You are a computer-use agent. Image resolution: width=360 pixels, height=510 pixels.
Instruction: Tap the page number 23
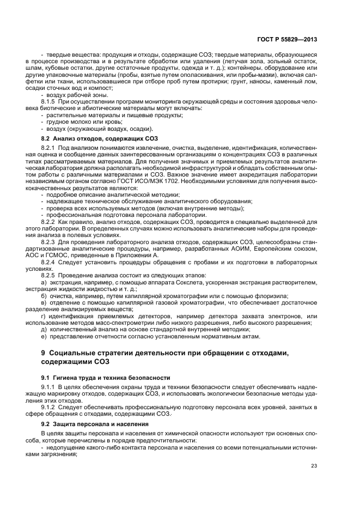pyautogui.click(x=314, y=465)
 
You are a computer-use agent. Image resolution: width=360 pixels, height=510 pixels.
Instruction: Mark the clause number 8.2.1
pyautogui.click(x=50, y=148)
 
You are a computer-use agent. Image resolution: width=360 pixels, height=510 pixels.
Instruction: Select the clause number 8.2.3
pyautogui.click(x=50, y=241)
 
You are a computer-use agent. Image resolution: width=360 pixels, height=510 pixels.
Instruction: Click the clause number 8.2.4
pyautogui.click(x=50, y=262)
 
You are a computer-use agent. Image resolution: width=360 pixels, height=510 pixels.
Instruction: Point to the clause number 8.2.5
pyautogui.click(x=50, y=276)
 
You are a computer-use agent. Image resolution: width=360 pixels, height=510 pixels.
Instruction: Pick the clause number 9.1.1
pyautogui.click(x=50, y=387)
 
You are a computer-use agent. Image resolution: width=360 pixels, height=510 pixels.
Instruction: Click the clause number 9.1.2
pyautogui.click(x=50, y=406)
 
